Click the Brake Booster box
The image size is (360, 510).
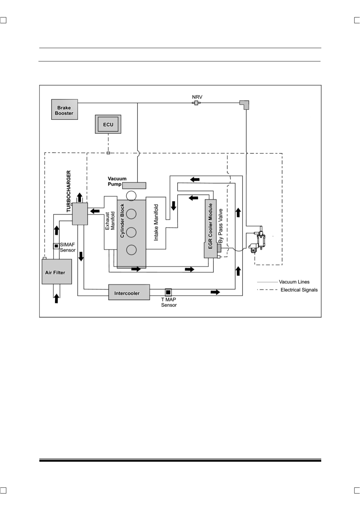pos(64,109)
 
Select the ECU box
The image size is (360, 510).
pos(108,124)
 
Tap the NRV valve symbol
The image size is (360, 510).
pos(196,103)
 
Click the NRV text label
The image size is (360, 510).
pos(197,97)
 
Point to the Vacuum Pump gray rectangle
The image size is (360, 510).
pos(134,186)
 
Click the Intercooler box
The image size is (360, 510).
pos(129,292)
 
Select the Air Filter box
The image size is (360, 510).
pos(57,271)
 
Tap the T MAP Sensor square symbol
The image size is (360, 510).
pos(168,292)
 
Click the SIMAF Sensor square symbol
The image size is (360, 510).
pos(56,246)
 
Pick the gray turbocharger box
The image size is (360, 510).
pos(80,214)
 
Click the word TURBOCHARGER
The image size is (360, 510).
pos(69,191)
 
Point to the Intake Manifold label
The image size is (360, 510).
pos(156,222)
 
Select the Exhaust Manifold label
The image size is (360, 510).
pos(110,221)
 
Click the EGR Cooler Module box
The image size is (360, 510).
pos(210,229)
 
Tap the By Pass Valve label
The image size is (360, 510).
pos(220,226)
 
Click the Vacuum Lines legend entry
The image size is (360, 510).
pos(283,282)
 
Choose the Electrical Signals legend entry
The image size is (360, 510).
pos(287,290)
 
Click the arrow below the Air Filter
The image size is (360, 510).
pos(56,298)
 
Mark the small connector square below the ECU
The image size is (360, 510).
pos(108,153)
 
